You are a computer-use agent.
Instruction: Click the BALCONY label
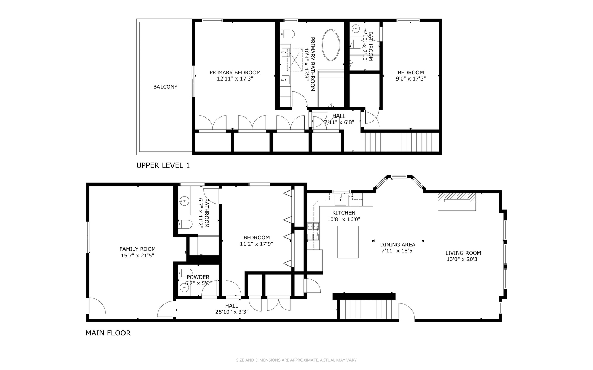[x=165, y=87]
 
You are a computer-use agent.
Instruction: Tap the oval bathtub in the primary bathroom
[x=331, y=45]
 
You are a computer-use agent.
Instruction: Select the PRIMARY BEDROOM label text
[x=235, y=72]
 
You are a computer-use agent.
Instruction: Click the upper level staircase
[x=402, y=142]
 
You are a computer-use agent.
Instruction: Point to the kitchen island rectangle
[x=348, y=242]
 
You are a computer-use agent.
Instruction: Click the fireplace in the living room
[x=456, y=202]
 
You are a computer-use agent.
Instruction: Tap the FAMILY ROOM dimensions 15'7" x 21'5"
[x=138, y=256]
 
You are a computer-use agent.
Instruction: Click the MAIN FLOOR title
[x=108, y=333]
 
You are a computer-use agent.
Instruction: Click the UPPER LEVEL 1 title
[x=163, y=165]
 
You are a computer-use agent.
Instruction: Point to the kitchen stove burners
[x=313, y=231]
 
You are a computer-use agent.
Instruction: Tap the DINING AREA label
[x=398, y=245]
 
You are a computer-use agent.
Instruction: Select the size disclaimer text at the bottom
[x=296, y=360]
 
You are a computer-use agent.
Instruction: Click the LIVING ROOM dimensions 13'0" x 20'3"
[x=463, y=259]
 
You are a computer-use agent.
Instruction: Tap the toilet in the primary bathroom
[x=288, y=34]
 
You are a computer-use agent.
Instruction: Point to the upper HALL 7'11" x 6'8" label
[x=339, y=119]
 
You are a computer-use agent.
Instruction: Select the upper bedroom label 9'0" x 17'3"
[x=411, y=78]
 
